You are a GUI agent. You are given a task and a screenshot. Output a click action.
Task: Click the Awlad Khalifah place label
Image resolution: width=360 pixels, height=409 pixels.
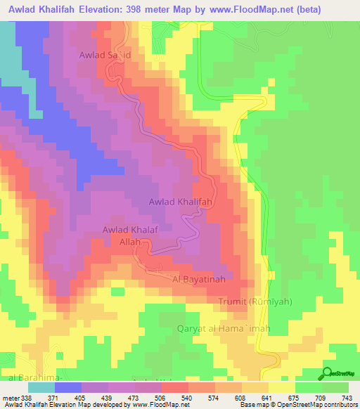181,202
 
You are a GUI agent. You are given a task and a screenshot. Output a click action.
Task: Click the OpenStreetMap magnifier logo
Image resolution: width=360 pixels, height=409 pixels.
328,373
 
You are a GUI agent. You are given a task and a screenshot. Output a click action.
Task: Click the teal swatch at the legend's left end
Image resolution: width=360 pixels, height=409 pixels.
41,387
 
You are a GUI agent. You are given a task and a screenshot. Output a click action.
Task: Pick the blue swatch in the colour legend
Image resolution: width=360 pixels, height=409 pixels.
68,387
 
